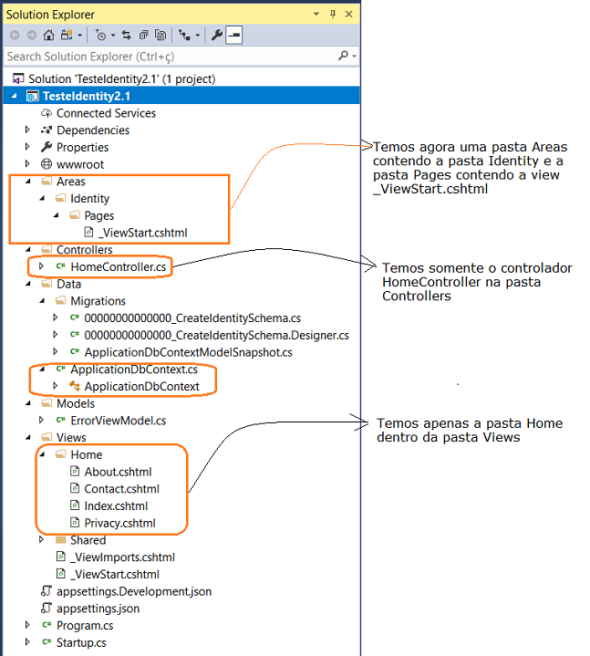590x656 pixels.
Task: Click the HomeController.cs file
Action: [118, 267]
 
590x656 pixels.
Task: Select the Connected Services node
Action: [106, 113]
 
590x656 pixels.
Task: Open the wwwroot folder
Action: [80, 164]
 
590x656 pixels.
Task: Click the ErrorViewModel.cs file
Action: [118, 421]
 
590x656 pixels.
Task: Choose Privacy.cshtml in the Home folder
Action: [119, 523]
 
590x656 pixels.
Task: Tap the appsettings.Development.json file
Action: [134, 591]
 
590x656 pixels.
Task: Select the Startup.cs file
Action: [81, 642]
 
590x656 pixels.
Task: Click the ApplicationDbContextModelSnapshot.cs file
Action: [188, 352]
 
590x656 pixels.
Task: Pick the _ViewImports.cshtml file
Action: [122, 557]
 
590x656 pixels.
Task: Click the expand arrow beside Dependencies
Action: [27, 130]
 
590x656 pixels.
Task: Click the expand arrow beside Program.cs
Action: [27, 625]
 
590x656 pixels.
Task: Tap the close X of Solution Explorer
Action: [348, 15]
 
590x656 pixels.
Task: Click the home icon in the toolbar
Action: [48, 36]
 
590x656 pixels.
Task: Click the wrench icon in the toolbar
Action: [217, 35]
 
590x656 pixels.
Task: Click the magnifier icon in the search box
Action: [343, 56]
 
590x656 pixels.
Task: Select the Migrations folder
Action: [98, 301]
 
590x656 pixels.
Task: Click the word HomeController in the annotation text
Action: [431, 282]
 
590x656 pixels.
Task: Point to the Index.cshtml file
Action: [116, 506]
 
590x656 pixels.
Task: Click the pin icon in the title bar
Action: [333, 15]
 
